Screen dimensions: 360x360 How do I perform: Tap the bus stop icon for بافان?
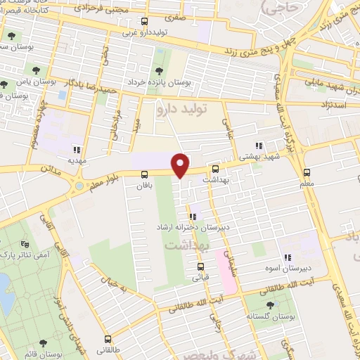pyautogui.click(x=145, y=174)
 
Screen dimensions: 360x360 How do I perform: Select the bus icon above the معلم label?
pyautogui.click(x=307, y=172)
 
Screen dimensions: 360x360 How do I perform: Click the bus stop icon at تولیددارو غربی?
pyautogui.click(x=145, y=22)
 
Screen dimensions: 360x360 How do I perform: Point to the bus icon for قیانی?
pyautogui.click(x=200, y=266)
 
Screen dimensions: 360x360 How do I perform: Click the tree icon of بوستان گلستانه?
pyautogui.click(x=271, y=304)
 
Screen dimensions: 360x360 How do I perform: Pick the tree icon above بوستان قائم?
pyautogui.click(x=43, y=343)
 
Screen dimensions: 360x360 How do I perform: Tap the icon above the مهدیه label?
pyautogui.click(x=77, y=149)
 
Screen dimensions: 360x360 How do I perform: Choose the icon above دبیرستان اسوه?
pyautogui.click(x=287, y=257)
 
